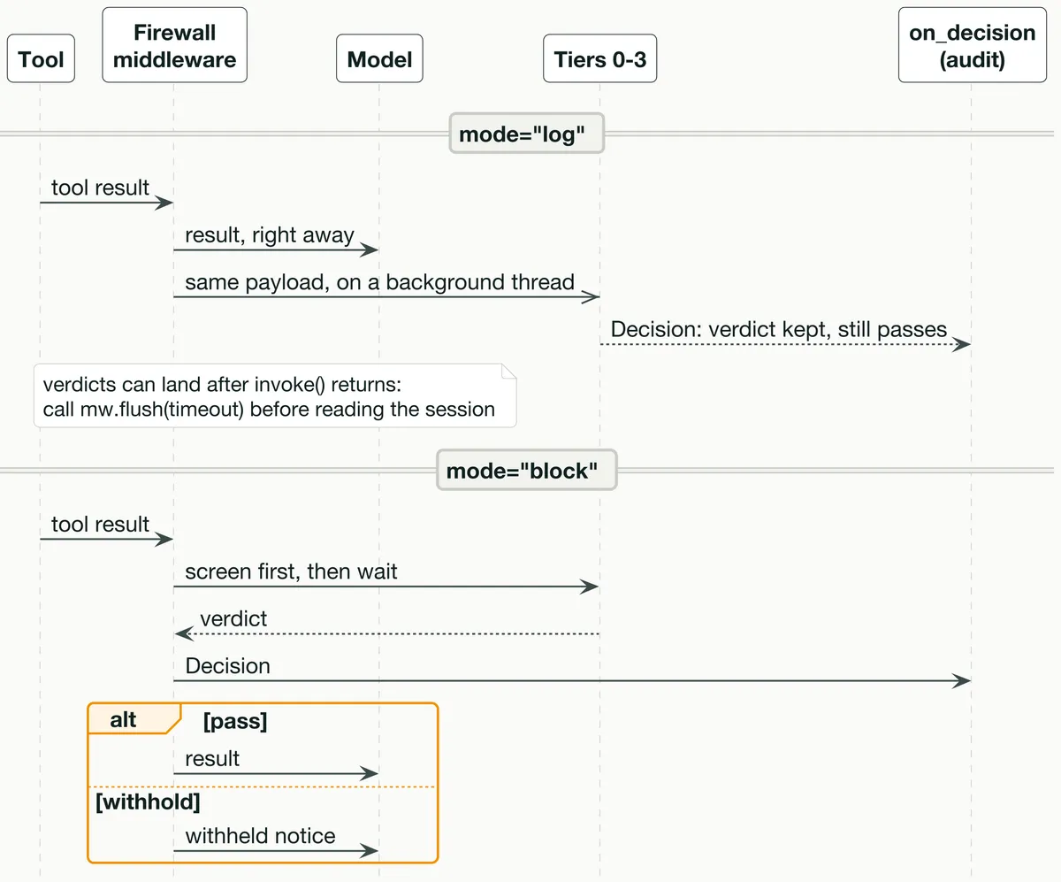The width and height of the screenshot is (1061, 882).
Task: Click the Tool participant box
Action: pos(41,58)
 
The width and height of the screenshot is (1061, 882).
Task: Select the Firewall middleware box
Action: pos(174,45)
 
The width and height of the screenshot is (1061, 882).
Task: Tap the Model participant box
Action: pos(379,58)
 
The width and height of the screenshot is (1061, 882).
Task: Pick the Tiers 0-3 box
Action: pos(599,58)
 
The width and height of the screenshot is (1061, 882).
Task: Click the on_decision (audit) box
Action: pos(972,45)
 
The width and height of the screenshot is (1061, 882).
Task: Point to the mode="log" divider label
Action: pos(526,134)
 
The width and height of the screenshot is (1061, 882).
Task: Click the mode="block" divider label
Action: pos(526,470)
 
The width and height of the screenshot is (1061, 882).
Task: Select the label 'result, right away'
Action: pos(270,234)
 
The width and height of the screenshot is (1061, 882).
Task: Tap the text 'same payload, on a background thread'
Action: pos(379,282)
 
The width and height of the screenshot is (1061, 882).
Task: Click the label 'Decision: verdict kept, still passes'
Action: pos(778,329)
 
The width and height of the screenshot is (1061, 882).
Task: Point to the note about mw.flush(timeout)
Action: pos(275,395)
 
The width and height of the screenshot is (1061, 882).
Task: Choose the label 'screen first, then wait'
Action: pos(291,571)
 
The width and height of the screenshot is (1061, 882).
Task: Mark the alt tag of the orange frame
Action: pos(123,719)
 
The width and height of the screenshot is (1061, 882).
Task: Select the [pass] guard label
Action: pos(235,721)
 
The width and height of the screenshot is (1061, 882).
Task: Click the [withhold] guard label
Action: pos(148,801)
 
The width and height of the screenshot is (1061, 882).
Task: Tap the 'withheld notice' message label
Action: pos(260,836)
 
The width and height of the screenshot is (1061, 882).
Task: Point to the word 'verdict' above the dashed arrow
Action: pos(233,618)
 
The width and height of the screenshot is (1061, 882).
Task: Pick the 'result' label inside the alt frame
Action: pos(212,758)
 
